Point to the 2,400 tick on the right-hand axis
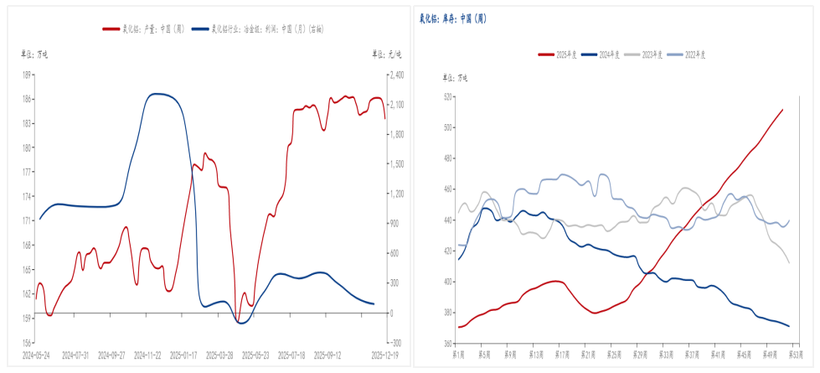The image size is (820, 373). click(x=395, y=75)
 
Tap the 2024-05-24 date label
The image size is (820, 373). click(x=35, y=355)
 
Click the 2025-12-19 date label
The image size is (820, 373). click(x=385, y=355)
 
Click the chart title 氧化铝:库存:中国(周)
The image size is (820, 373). click(x=453, y=18)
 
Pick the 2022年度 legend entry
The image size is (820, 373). click(x=694, y=54)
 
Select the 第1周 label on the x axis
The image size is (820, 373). click(x=457, y=355)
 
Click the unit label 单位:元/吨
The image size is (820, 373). click(x=387, y=54)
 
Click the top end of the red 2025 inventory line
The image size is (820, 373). click(x=782, y=110)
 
